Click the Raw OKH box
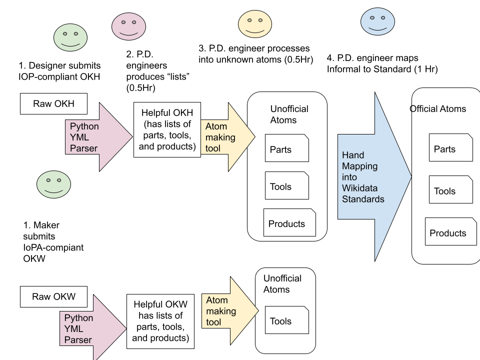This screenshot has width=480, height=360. [53, 104]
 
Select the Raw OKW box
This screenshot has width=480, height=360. [53, 296]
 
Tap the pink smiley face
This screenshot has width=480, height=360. [128, 26]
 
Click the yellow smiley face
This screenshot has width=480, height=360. [255, 24]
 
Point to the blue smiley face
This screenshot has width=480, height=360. [377, 21]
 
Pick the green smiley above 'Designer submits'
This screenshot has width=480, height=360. [70, 37]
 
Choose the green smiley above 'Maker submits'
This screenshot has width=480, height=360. [53, 184]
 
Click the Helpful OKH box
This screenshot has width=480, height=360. [167, 130]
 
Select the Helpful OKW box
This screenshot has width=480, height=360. [160, 321]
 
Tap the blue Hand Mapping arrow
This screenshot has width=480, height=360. [374, 176]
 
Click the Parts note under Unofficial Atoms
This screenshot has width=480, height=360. [287, 148]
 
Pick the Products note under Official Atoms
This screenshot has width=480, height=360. [450, 231]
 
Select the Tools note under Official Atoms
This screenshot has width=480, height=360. [451, 189]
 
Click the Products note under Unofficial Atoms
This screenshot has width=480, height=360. [289, 222]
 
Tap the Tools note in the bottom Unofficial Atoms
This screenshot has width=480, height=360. [287, 320]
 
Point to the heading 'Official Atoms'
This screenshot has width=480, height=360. [438, 108]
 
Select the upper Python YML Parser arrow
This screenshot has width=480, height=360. [99, 137]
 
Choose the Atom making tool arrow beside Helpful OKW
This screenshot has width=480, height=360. [230, 310]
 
